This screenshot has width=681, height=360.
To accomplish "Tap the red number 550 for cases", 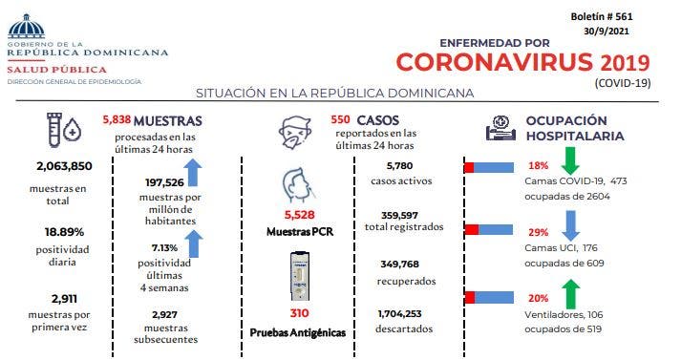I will pyautogui.click(x=341, y=121).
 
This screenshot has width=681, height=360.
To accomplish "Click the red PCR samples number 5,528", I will pyautogui.click(x=299, y=215).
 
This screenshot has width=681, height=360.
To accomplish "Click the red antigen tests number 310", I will pyautogui.click(x=299, y=313).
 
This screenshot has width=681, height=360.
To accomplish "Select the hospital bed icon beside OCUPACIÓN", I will pyautogui.click(x=500, y=127).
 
